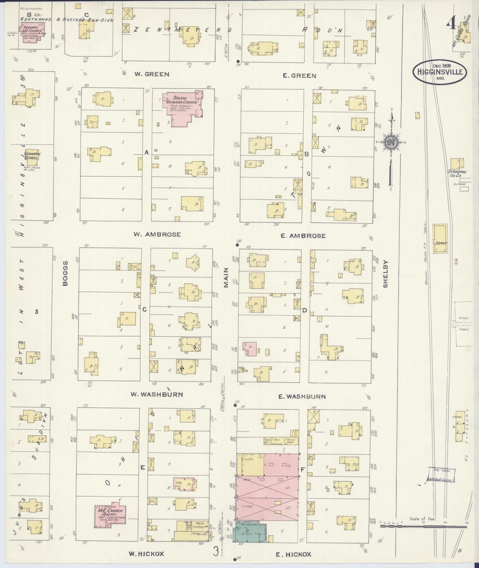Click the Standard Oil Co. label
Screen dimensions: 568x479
(x=457, y=174)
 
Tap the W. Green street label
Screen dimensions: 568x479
(x=152, y=74)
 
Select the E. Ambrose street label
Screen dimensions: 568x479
(x=303, y=236)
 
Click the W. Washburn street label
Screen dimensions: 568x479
(x=157, y=395)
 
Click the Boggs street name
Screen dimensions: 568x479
(x=65, y=273)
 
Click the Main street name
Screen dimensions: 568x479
(x=226, y=278)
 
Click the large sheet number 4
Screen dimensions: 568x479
(x=451, y=21)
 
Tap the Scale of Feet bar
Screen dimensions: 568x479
(x=423, y=526)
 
